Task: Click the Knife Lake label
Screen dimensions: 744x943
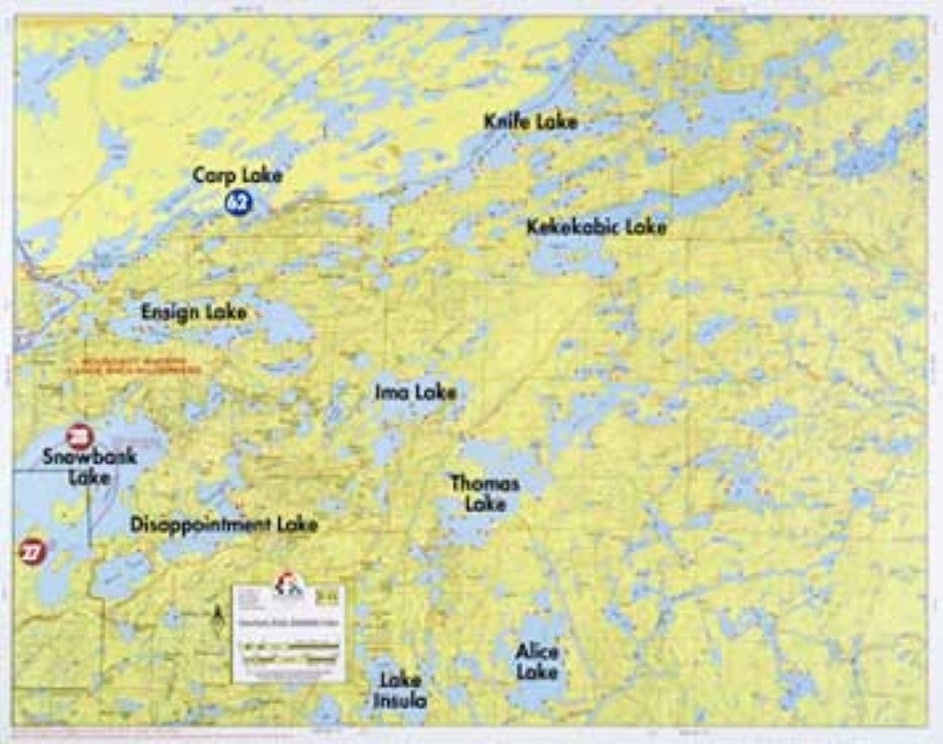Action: pyautogui.click(x=530, y=122)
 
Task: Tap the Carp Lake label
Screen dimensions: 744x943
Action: pyautogui.click(x=238, y=175)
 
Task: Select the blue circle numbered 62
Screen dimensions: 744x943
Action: pyautogui.click(x=239, y=201)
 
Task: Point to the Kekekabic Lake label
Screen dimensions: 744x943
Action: pyautogui.click(x=596, y=227)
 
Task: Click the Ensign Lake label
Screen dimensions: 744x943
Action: pyautogui.click(x=194, y=312)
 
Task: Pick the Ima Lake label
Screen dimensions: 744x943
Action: pyautogui.click(x=415, y=392)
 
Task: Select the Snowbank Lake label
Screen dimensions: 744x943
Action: pyautogui.click(x=89, y=466)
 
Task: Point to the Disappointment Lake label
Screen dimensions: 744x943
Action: pyautogui.click(x=224, y=525)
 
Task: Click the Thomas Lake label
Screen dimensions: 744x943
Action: pyautogui.click(x=485, y=493)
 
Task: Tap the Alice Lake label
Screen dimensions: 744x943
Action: pyautogui.click(x=537, y=661)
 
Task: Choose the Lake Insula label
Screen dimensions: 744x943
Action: pyautogui.click(x=400, y=689)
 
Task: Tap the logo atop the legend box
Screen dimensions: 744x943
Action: pyautogui.click(x=287, y=584)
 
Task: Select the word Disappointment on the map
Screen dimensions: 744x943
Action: pyautogui.click(x=197, y=525)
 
